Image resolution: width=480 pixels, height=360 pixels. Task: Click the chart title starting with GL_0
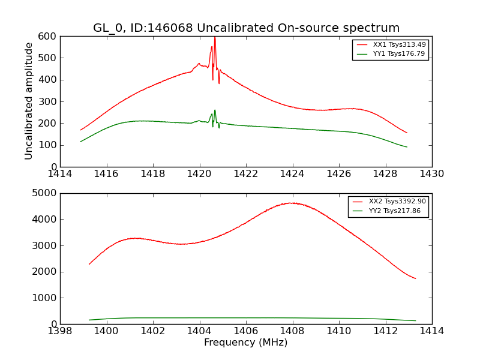coord(246,28)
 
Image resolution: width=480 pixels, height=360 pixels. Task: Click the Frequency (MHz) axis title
coord(246,343)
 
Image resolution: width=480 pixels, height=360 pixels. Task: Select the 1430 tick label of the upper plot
coord(431,174)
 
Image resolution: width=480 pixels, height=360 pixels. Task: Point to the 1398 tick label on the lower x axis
coord(60,331)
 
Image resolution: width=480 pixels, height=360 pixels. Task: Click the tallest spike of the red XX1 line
coord(215,38)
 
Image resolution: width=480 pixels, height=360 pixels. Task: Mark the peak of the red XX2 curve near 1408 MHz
coord(291,203)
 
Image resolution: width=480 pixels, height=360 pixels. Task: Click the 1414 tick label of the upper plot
coord(60,174)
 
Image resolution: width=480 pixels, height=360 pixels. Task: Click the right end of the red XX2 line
coord(415,278)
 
